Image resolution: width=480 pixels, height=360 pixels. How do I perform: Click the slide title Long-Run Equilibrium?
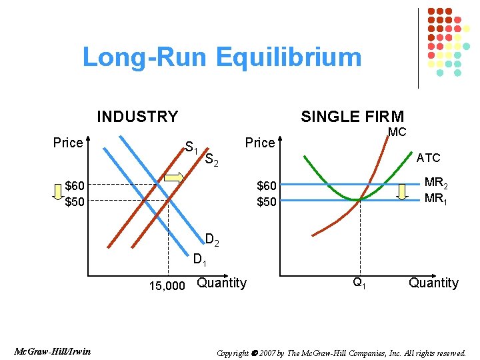pos(221,57)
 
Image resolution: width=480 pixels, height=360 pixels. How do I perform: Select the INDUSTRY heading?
pos(137,117)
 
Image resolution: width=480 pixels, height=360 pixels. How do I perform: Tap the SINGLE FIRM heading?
pos(352,117)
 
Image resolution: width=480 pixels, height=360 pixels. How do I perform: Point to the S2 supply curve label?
pos(212,159)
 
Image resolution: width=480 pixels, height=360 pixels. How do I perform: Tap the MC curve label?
pos(397,132)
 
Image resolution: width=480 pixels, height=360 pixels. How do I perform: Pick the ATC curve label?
pos(428,158)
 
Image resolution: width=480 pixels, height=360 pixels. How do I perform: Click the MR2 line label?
pos(436,183)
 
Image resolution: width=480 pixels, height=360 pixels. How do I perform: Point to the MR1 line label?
pos(436,199)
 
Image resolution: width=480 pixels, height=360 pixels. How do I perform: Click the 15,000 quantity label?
pos(167,286)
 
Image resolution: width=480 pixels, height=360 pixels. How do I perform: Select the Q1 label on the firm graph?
pos(359,283)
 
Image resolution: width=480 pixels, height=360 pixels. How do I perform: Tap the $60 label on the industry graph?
pos(75,185)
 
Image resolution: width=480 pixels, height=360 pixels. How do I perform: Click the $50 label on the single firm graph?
pos(266,201)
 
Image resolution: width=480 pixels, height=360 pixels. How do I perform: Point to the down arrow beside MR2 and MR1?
pos(402,191)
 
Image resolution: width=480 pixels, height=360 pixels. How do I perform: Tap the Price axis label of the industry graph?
pos(68,143)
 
